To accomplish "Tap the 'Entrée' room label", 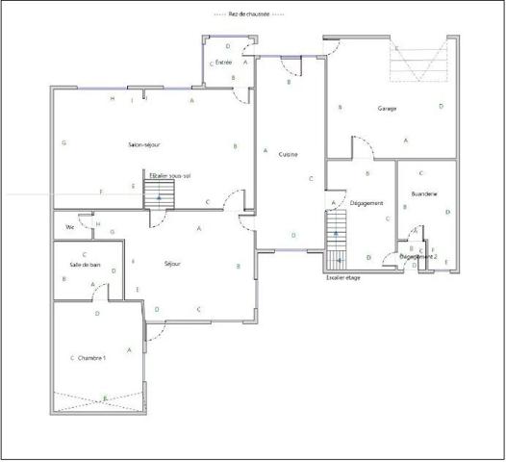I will click(x=223, y=62).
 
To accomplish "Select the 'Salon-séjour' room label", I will click(x=142, y=144).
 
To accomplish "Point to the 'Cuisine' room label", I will click(x=288, y=155).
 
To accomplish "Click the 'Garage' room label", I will click(x=387, y=108).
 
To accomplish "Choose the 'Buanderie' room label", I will click(x=423, y=194).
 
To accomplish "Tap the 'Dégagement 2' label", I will click(x=418, y=257).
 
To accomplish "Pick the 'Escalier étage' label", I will click(x=342, y=277).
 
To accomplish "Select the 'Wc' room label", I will click(x=69, y=227).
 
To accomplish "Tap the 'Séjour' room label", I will click(x=173, y=263).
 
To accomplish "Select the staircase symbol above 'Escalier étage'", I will click(x=336, y=241).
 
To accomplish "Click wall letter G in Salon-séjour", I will click(x=63, y=143).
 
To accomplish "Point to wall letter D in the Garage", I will click(x=441, y=107).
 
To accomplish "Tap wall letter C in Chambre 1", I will click(x=72, y=357).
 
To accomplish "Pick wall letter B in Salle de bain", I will click(x=63, y=279).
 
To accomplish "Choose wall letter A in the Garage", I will click(x=405, y=141).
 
